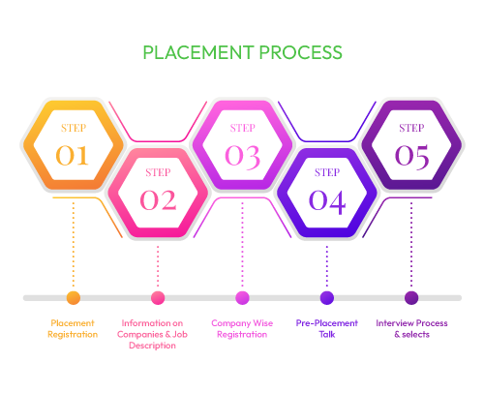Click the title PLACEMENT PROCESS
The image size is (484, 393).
pos(242,51)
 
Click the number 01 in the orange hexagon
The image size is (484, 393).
pos(73,154)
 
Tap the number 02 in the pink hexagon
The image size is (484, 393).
pos(158,199)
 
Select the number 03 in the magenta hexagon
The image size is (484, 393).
pos(242,154)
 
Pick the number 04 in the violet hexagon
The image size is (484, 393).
pos(327,199)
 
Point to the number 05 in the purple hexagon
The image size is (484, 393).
pos(411,154)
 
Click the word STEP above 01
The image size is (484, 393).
pos(73,127)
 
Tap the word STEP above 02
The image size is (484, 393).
pos(158,172)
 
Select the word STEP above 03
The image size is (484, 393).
pos(242,127)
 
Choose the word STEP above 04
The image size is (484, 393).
pos(327,172)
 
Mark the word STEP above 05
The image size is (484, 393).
pos(411,127)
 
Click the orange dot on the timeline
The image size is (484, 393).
pos(73,297)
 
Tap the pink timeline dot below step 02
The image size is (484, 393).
pos(158,297)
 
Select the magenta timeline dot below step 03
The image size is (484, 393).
pos(242,297)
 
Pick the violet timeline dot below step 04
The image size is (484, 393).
pos(327,297)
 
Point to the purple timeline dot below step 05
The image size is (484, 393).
pos(411,297)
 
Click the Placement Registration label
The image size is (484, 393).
pos(73,328)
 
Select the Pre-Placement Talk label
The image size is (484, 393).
pos(327,328)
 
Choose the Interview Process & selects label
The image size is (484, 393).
pos(411,328)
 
